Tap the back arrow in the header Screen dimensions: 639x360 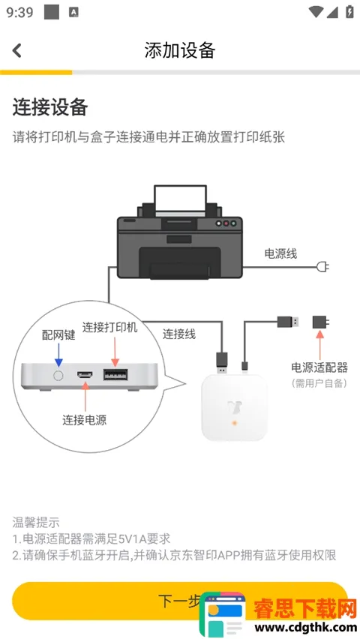(x=17, y=50)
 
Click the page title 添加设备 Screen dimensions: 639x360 (x=180, y=50)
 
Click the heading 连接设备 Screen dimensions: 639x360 (x=50, y=107)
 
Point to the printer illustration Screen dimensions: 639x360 (x=179, y=232)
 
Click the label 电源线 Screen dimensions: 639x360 (x=280, y=253)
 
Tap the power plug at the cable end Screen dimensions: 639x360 (x=323, y=266)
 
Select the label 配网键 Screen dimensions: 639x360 (x=58, y=334)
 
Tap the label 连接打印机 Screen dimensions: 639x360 (x=110, y=328)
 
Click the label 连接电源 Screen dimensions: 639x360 (x=84, y=420)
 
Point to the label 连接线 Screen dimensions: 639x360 (x=179, y=334)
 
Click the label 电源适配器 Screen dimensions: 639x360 (x=319, y=367)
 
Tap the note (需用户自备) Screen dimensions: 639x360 (x=319, y=383)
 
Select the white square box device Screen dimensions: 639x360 (x=234, y=409)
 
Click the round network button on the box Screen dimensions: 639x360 (x=58, y=373)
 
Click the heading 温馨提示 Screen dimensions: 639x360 (x=36, y=522)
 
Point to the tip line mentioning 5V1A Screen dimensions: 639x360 (x=91, y=538)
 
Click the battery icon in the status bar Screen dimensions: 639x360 (x=349, y=12)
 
